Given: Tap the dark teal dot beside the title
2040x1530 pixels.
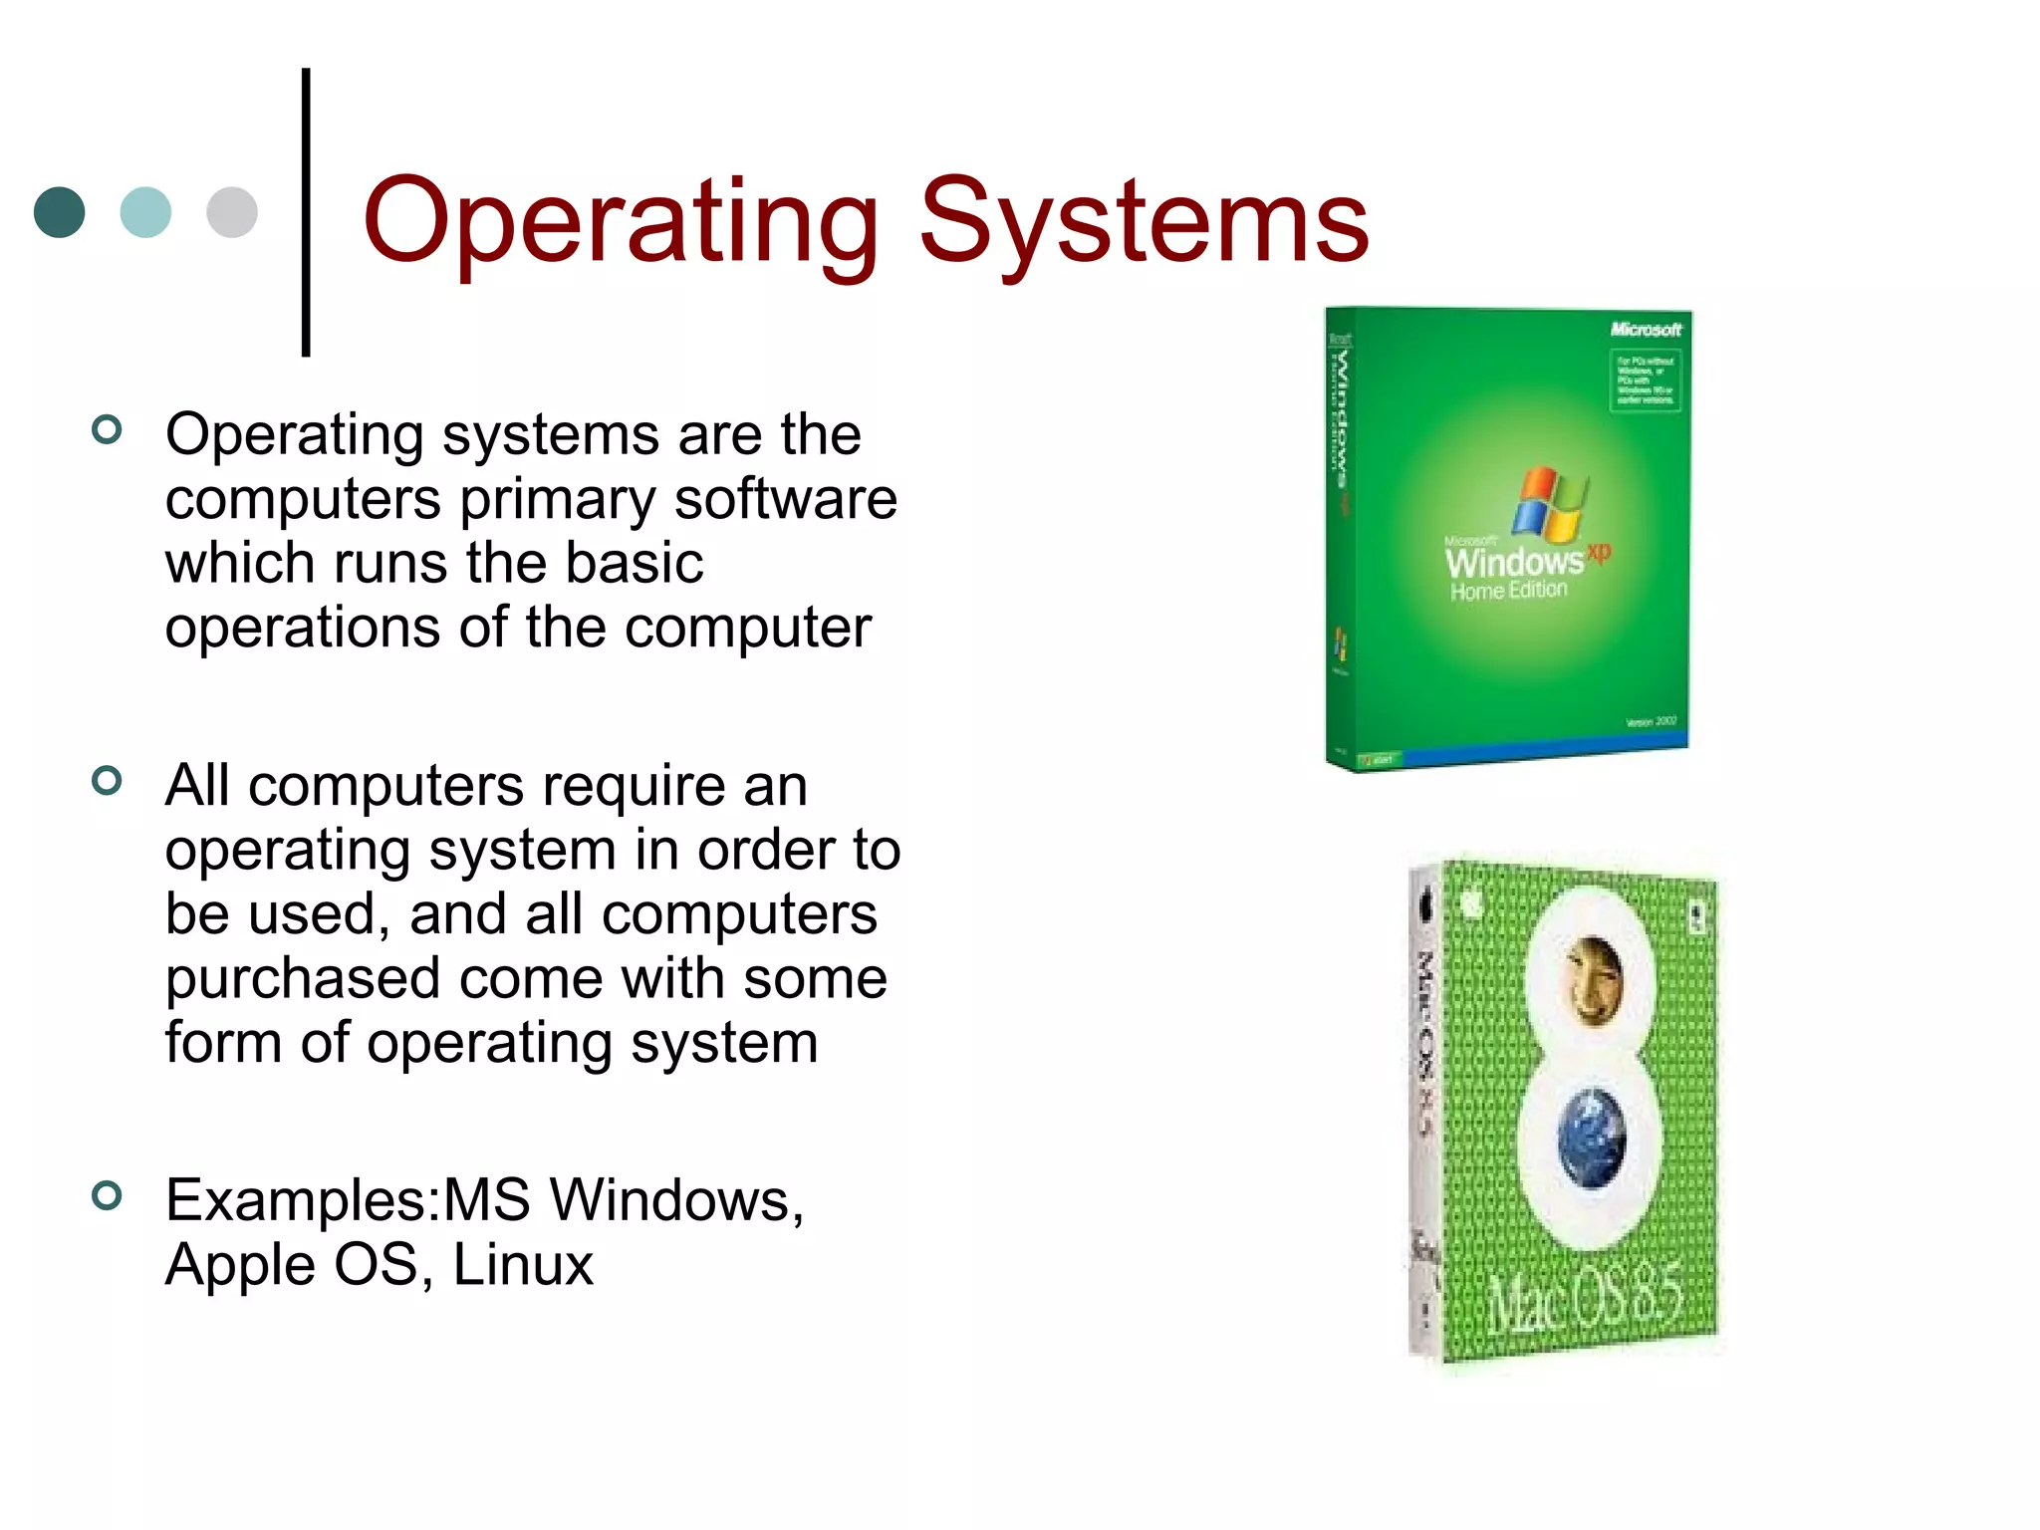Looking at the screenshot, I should pyautogui.click(x=60, y=212).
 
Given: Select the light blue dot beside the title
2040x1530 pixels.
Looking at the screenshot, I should pyautogui.click(x=145, y=212).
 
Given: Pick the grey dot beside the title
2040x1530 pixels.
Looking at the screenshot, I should pyautogui.click(x=232, y=212).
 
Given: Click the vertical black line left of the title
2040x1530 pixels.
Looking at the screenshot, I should pyautogui.click(x=306, y=211).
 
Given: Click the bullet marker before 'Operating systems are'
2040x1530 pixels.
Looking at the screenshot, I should pyautogui.click(x=106, y=430).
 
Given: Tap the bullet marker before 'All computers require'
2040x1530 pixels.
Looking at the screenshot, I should pyautogui.click(x=106, y=781).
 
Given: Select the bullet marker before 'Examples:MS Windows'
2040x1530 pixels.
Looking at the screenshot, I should pyautogui.click(x=106, y=1195).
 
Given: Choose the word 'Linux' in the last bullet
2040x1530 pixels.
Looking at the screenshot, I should pyautogui.click(x=523, y=1265).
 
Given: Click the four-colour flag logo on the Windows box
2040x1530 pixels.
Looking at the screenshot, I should pyautogui.click(x=1550, y=502).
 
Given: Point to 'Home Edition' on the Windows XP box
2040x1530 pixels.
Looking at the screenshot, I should pyautogui.click(x=1508, y=591).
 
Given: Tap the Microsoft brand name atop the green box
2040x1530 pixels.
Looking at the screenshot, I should pyautogui.click(x=1646, y=329).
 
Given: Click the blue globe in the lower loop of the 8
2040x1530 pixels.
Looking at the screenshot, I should pyautogui.click(x=1592, y=1137).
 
